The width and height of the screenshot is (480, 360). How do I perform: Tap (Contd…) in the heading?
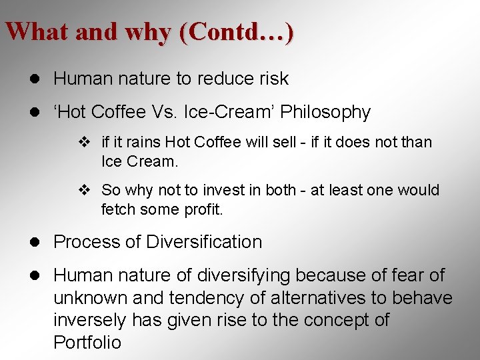(236, 32)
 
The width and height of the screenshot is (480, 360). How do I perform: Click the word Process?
(87, 242)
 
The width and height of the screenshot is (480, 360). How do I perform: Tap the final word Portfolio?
(87, 343)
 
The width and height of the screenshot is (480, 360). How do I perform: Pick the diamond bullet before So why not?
(83, 190)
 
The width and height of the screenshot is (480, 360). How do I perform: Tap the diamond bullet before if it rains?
(83, 142)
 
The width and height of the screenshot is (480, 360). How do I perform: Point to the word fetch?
(117, 209)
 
